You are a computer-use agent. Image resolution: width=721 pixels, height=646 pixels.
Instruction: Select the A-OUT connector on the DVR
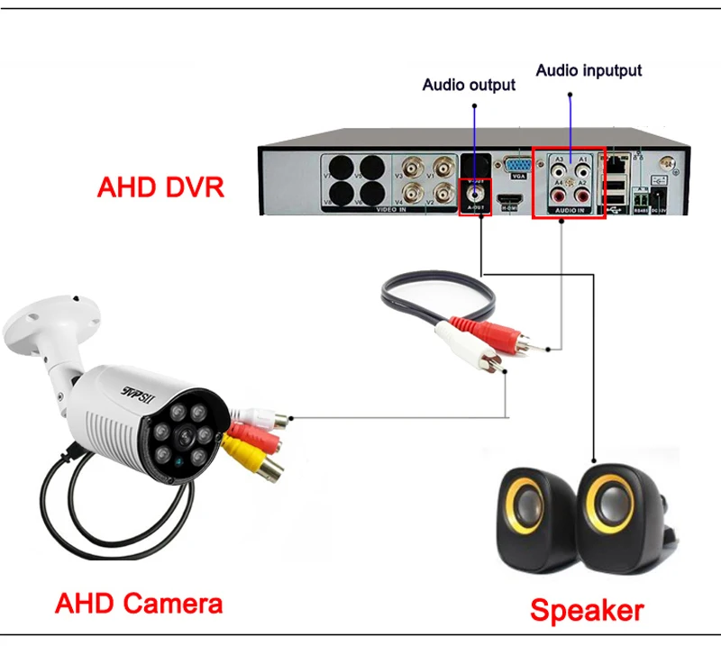[x=474, y=192]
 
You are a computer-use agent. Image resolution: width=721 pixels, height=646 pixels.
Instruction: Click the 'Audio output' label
[x=469, y=85]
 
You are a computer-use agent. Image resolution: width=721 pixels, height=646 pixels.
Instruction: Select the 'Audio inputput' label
[x=589, y=69]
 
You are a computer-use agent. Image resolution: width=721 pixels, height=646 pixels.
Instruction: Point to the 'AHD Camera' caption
[x=139, y=602]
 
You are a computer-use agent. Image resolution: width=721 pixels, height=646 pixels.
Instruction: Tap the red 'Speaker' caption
[x=587, y=610]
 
